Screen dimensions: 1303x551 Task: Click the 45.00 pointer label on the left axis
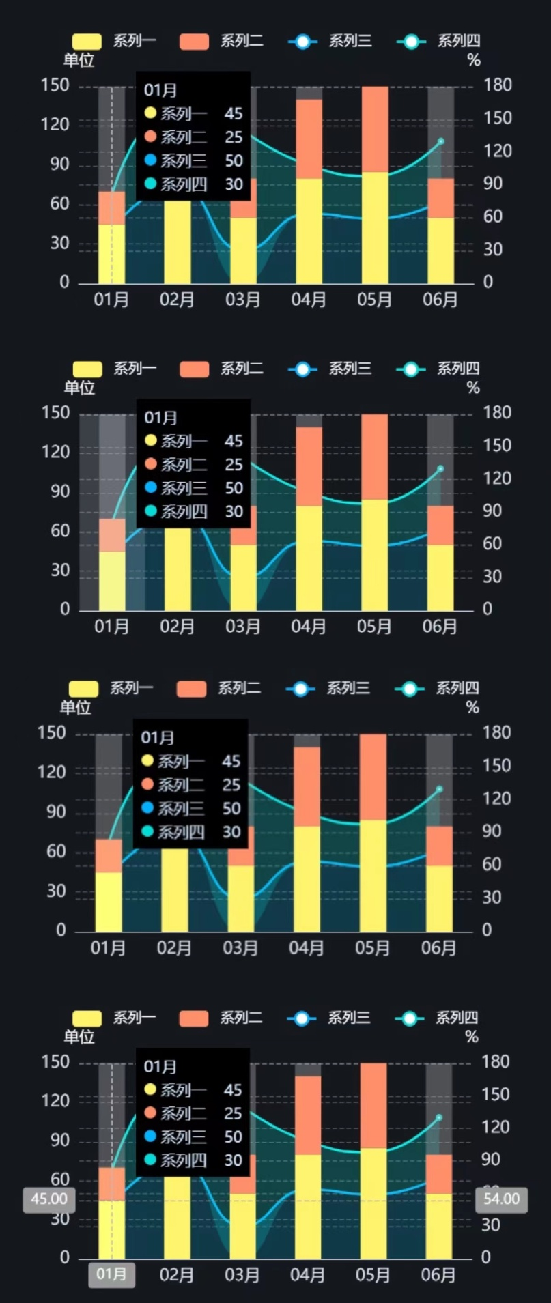point(49,1199)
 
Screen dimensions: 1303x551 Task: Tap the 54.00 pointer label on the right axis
point(501,1199)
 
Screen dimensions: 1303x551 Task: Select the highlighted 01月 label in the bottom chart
point(111,1274)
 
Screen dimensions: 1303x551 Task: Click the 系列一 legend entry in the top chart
point(114,41)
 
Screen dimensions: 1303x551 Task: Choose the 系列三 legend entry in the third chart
point(328,688)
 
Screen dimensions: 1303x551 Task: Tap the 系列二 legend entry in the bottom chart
point(221,1018)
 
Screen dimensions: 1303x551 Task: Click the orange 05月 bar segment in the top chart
point(375,128)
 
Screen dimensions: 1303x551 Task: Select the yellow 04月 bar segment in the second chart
point(309,558)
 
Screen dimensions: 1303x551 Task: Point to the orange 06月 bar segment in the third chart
point(439,846)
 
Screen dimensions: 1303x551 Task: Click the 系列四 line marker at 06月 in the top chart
point(440,141)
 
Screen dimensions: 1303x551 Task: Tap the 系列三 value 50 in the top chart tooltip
point(234,161)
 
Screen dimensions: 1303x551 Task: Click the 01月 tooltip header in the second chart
point(160,418)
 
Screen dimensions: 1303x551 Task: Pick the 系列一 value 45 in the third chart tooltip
point(231,762)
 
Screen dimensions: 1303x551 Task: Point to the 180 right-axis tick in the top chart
point(498,85)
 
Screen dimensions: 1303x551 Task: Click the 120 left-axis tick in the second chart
point(55,452)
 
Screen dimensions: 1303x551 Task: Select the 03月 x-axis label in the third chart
point(240,947)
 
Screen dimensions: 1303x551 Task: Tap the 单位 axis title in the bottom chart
point(79,1037)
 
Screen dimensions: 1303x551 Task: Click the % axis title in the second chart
point(473,388)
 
